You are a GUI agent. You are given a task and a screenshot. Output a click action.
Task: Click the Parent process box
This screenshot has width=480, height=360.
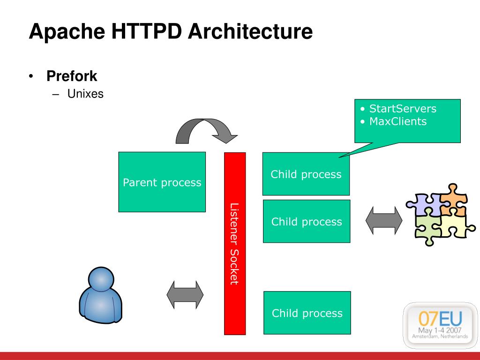[162, 182]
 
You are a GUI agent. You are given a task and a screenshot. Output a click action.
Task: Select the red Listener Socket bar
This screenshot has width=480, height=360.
[235, 243]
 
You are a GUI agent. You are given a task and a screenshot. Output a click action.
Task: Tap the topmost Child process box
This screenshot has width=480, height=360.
[306, 174]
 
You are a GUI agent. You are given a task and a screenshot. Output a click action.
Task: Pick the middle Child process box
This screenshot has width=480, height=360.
[306, 221]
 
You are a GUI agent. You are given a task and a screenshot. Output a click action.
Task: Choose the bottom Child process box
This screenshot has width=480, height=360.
[307, 313]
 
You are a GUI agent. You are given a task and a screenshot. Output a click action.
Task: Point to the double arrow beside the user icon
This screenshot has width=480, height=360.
[185, 295]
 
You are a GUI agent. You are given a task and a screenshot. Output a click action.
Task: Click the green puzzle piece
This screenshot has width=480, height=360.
[426, 228]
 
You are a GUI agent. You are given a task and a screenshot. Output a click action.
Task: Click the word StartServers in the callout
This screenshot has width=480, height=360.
[402, 109]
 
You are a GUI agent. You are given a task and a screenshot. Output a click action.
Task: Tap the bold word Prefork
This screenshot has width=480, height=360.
[72, 76]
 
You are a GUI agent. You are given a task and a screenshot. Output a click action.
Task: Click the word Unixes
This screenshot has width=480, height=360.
[85, 94]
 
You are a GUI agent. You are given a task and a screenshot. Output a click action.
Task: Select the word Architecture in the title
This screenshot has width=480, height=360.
[251, 32]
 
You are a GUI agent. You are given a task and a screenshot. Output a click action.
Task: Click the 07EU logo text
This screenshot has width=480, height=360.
[440, 320]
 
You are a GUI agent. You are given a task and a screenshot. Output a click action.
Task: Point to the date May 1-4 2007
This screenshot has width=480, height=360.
[440, 330]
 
